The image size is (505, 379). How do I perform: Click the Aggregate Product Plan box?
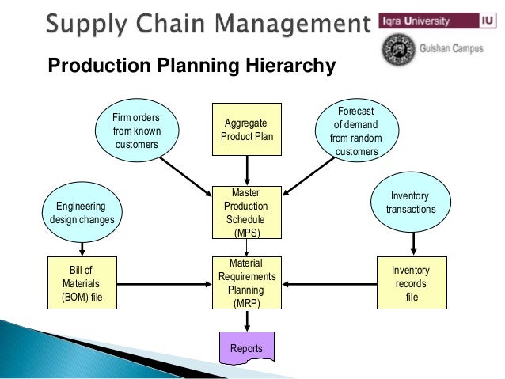pyautogui.click(x=247, y=129)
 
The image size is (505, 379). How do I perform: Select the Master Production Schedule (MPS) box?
pyautogui.click(x=247, y=212)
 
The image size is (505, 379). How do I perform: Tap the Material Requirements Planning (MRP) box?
pyautogui.click(x=247, y=282)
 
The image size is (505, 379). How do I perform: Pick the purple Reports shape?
pyautogui.click(x=246, y=347)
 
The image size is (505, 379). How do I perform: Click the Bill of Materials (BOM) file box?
pyautogui.click(x=82, y=282)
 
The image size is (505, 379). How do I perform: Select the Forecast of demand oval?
pyautogui.click(x=355, y=131)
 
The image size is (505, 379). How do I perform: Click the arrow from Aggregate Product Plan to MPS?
pyautogui.click(x=247, y=169)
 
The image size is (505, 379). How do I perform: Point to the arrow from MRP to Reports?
pyautogui.click(x=247, y=320)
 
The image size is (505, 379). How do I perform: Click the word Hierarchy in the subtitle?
pyautogui.click(x=291, y=66)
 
